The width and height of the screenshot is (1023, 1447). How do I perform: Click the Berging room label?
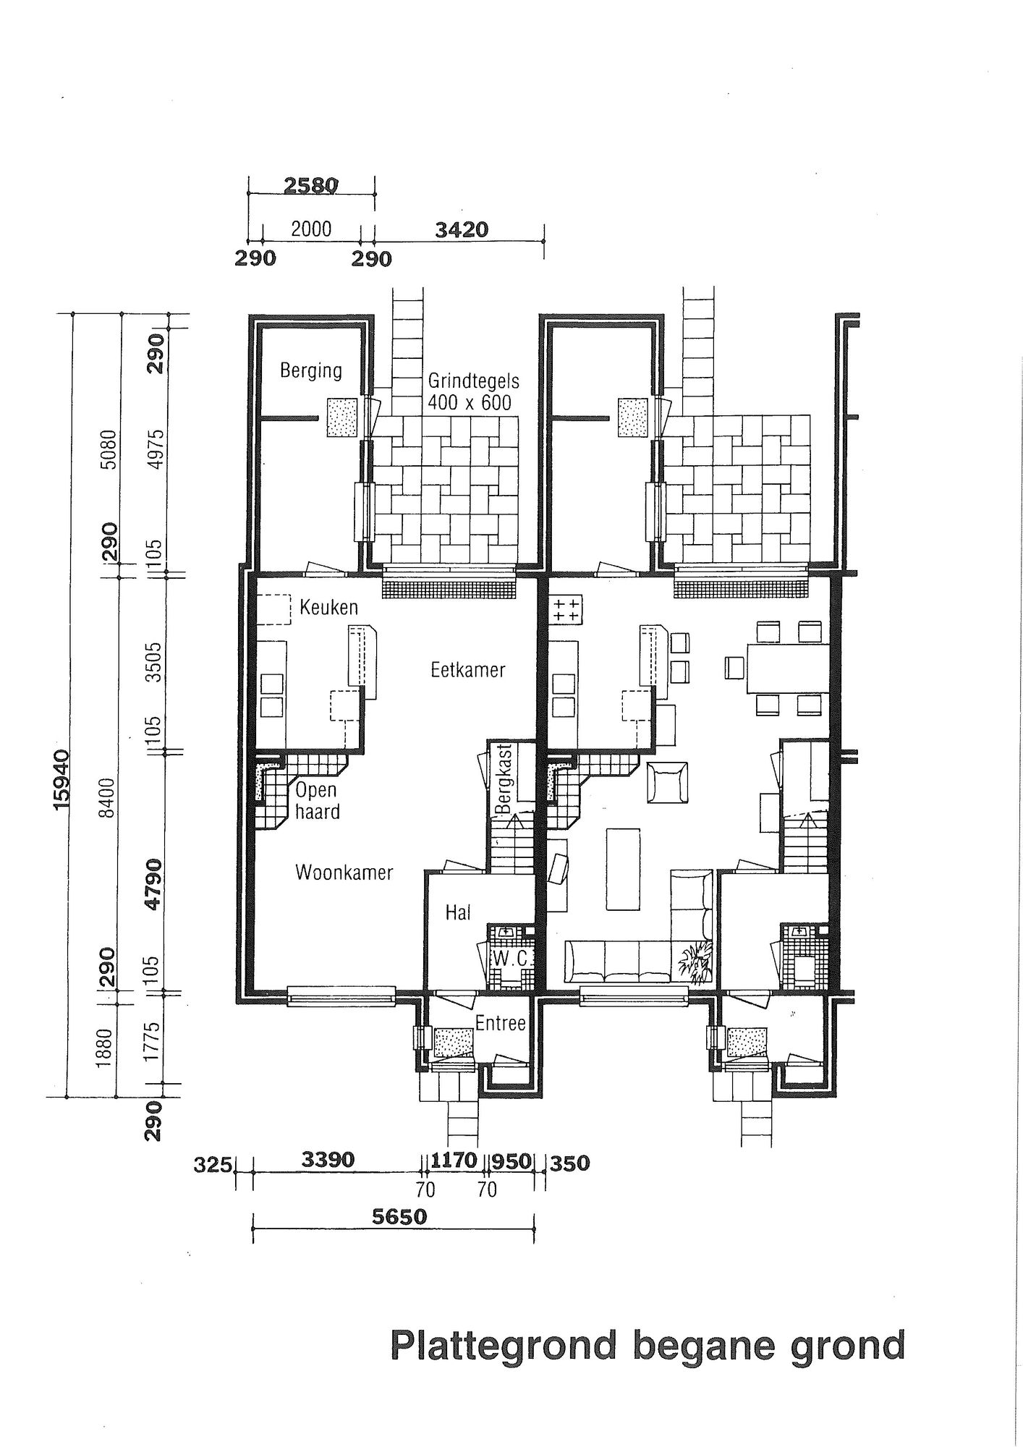311,371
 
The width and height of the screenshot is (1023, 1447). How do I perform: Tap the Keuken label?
329,606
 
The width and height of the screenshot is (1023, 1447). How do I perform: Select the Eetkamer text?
468,670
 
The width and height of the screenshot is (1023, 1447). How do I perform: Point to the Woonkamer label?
344,873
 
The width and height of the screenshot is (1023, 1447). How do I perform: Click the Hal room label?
458,913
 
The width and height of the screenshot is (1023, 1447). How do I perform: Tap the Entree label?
500,1024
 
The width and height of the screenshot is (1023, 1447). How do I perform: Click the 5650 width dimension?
399,1217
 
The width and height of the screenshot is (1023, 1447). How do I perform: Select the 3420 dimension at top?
462,230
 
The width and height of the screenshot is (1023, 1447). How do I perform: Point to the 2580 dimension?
311,185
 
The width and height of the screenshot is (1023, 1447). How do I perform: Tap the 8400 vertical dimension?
109,797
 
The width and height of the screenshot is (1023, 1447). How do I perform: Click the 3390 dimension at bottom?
328,1160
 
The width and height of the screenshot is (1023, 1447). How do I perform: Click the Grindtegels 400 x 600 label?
470,391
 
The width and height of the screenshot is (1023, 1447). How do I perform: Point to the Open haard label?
317,801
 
